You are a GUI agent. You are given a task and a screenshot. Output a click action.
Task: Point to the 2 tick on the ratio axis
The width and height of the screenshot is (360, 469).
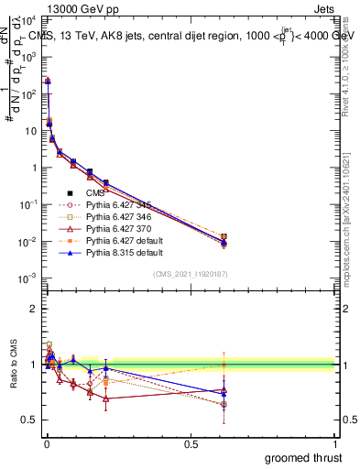pos(34,309)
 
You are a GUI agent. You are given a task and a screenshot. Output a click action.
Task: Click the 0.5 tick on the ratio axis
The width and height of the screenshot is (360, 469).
pos(30,420)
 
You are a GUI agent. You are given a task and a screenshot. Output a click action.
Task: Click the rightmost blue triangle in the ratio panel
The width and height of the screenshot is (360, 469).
pos(224,394)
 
